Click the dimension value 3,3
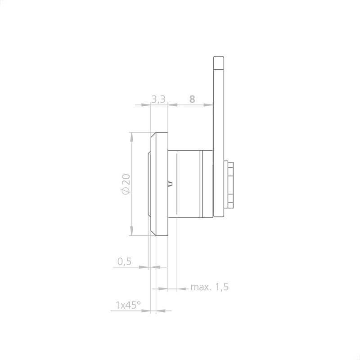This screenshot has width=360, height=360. pyautogui.click(x=158, y=99)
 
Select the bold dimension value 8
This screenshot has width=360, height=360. pyautogui.click(x=192, y=99)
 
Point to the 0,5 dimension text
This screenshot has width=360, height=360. pyautogui.click(x=124, y=261)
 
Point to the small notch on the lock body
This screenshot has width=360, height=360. pyautogui.click(x=171, y=183)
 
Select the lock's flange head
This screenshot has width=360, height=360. pyautogui.click(x=160, y=184)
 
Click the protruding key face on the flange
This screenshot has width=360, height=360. pyautogui.click(x=148, y=184)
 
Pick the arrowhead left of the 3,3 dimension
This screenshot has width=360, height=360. pyautogui.click(x=145, y=105)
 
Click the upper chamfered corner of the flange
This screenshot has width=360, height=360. pyautogui.click(x=153, y=135)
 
